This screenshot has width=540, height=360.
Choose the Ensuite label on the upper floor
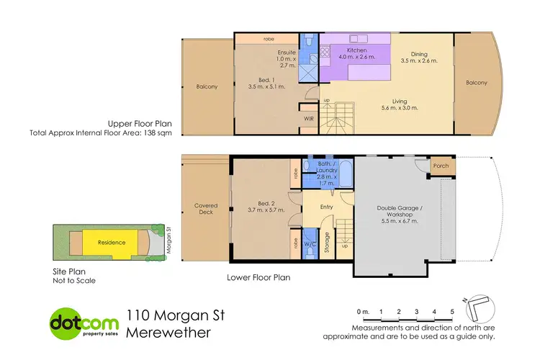pyautogui.click(x=287, y=53)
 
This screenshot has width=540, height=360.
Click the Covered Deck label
pyautogui.click(x=206, y=210)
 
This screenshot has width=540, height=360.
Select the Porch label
pyautogui.click(x=440, y=166)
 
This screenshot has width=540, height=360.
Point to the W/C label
pyautogui.click(x=310, y=243)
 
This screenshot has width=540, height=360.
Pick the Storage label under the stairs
pyautogui.click(x=328, y=240)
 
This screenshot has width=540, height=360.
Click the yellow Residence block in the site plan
pyautogui.click(x=112, y=243)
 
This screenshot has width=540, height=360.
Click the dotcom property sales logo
pyautogui.click(x=79, y=323)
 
